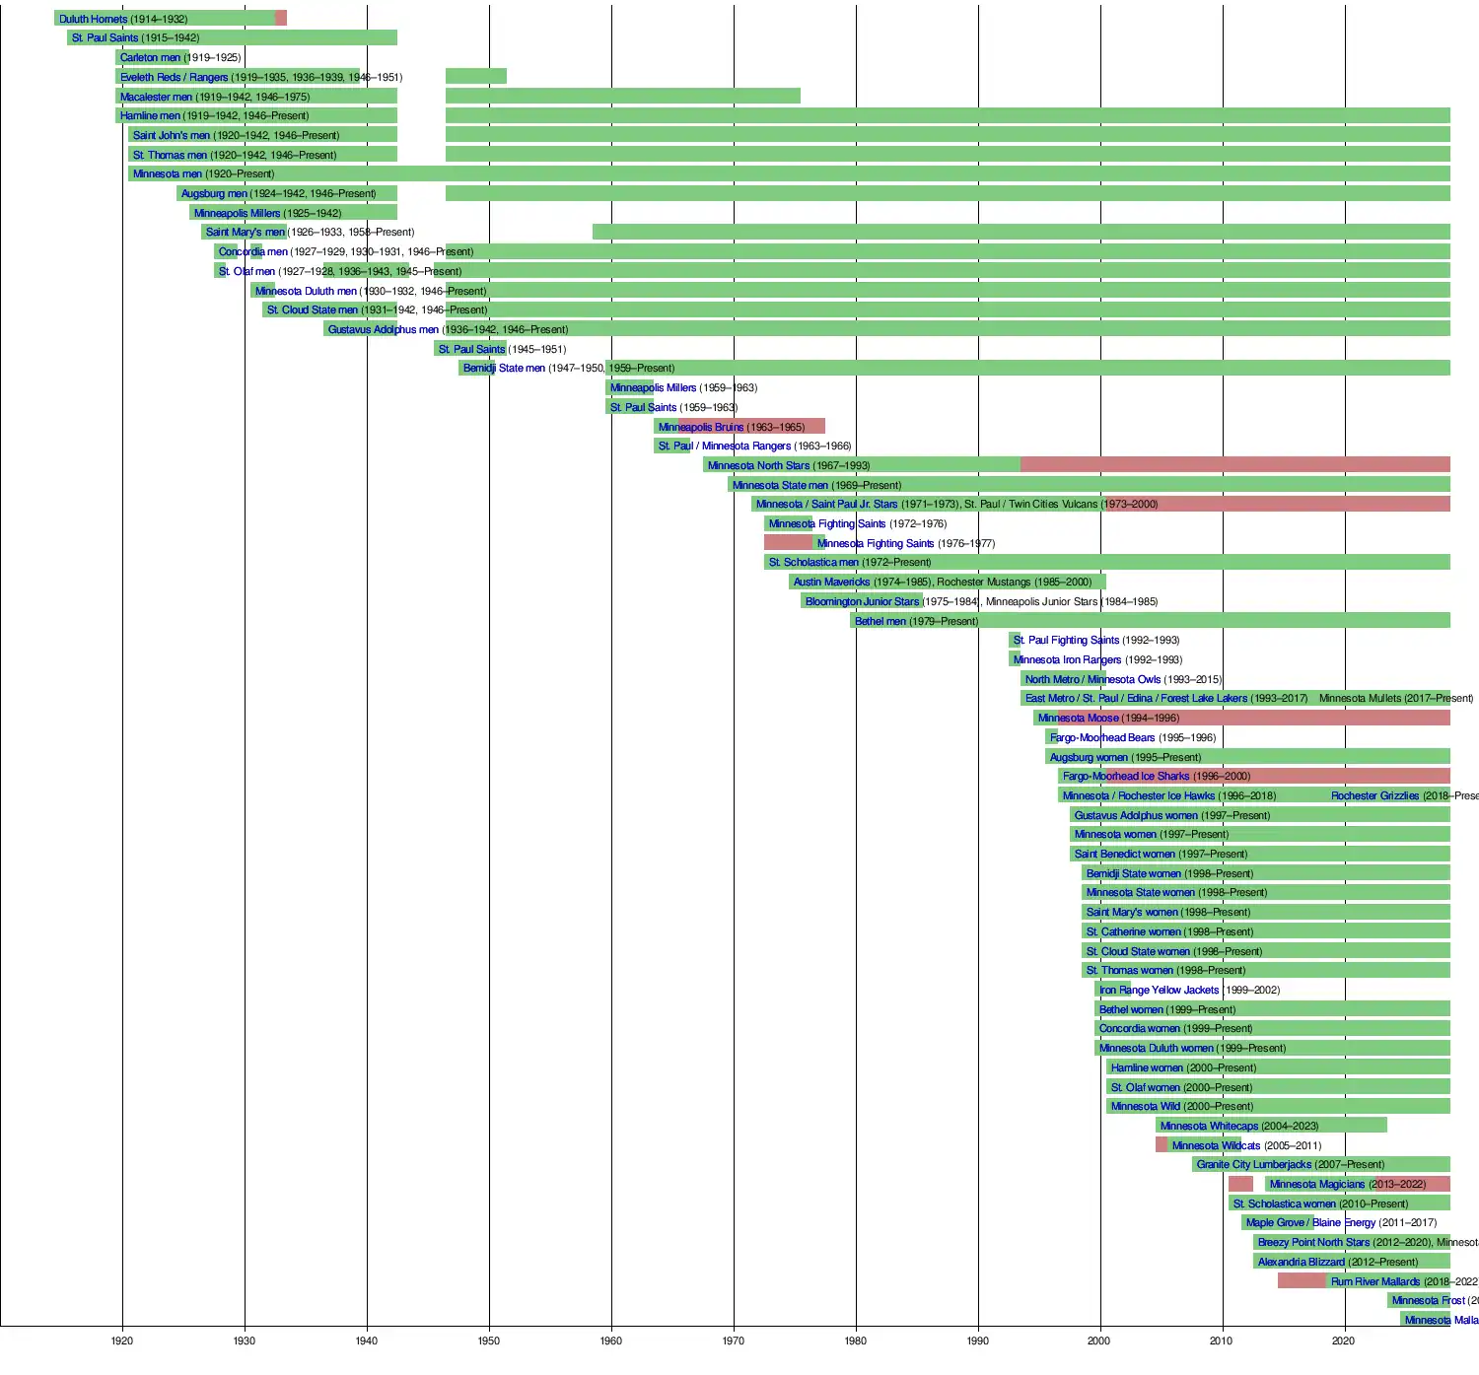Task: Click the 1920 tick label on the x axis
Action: (122, 1341)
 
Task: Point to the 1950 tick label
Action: (489, 1341)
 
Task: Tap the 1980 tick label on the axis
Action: (856, 1341)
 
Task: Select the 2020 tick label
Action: (1343, 1341)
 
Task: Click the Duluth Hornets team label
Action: (93, 19)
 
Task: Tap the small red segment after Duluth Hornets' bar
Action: (281, 19)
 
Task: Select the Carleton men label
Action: (150, 57)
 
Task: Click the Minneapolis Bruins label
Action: (700, 427)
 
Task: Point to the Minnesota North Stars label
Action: (758, 465)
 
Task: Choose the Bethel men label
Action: (880, 621)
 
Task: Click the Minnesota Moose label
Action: (1078, 718)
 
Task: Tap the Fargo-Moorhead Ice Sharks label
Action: (1126, 776)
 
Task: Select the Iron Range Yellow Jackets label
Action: (1159, 990)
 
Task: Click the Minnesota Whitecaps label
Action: (1209, 1126)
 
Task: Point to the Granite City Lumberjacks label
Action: (1253, 1164)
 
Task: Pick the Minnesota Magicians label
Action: (1316, 1184)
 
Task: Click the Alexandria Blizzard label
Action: (1301, 1262)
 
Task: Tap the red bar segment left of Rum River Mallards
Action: (1302, 1281)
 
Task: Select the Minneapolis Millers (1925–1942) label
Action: (237, 213)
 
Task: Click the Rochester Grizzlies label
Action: (1374, 795)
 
